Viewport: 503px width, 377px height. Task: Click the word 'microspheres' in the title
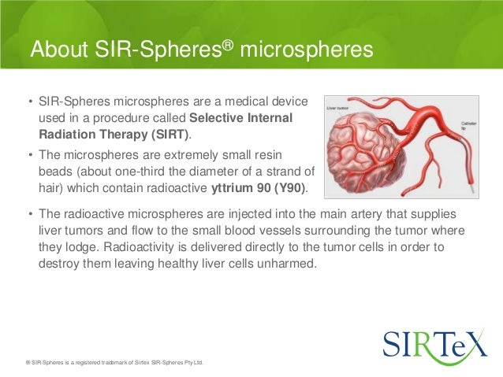(305, 50)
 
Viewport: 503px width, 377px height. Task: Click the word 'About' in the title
(61, 50)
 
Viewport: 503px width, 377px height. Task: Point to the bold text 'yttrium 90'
(241, 187)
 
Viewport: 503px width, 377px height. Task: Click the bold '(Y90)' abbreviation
(290, 187)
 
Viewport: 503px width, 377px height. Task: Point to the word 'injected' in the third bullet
(238, 215)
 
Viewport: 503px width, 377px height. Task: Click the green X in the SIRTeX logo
(471, 344)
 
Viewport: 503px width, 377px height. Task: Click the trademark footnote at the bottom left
(114, 363)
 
